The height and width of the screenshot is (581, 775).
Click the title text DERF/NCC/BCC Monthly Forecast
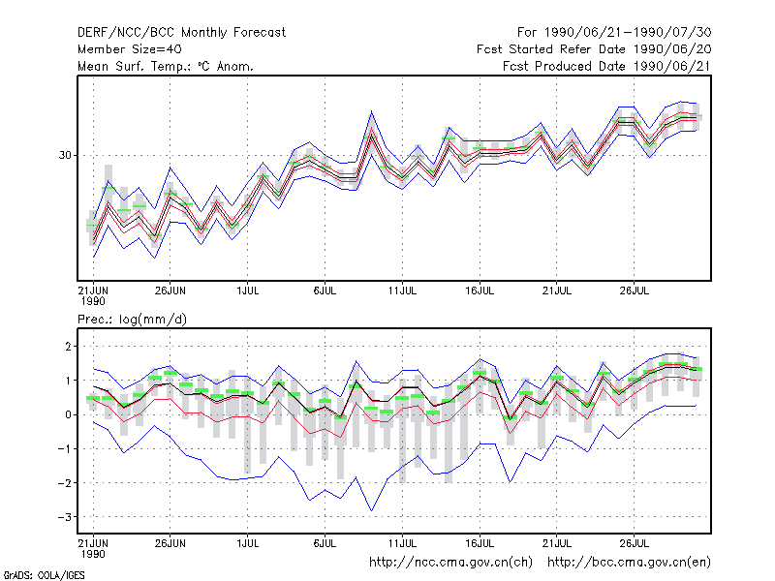pyautogui.click(x=181, y=33)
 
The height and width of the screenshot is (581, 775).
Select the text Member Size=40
pyautogui.click(x=130, y=49)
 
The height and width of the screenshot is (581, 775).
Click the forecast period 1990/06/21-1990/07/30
pyautogui.click(x=628, y=33)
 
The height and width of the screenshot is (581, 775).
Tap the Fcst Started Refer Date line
pyautogui.click(x=594, y=49)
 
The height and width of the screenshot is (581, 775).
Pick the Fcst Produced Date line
pyautogui.click(x=607, y=66)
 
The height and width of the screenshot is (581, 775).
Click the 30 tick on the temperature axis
pyautogui.click(x=65, y=155)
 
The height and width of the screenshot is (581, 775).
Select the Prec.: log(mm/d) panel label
pyautogui.click(x=132, y=320)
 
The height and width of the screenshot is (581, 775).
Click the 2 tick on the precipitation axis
pyautogui.click(x=68, y=347)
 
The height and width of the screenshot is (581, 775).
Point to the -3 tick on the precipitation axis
pyautogui.click(x=65, y=517)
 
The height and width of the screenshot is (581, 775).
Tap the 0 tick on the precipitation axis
pyautogui.click(x=68, y=414)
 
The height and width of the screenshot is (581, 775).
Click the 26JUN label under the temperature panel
pyautogui.click(x=170, y=290)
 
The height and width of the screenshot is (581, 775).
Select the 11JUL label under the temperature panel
pyautogui.click(x=402, y=290)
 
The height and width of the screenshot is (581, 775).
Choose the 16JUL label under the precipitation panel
pyautogui.click(x=480, y=543)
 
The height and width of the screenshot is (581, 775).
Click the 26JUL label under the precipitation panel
pyautogui.click(x=635, y=543)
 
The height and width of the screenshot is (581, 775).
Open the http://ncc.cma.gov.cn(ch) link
pyautogui.click(x=450, y=563)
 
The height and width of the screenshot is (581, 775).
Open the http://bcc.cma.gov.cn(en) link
pyautogui.click(x=629, y=563)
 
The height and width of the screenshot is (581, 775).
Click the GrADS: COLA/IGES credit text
pyautogui.click(x=44, y=575)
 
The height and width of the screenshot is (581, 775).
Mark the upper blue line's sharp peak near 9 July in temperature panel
pyautogui.click(x=371, y=111)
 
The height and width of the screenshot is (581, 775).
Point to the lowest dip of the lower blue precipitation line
pyautogui.click(x=371, y=511)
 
